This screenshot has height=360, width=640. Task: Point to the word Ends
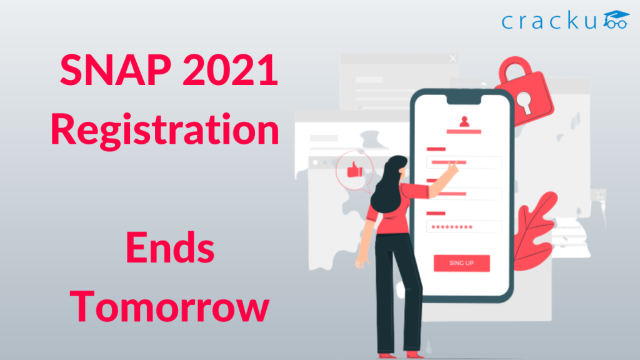click(x=170, y=249)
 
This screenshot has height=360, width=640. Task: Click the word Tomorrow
click(x=170, y=307)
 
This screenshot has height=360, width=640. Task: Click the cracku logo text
click(x=550, y=22)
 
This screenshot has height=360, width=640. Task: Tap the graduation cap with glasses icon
click(x=617, y=20)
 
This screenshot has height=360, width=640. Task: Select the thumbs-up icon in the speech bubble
click(x=354, y=169)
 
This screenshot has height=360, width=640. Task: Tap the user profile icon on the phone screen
click(x=464, y=122)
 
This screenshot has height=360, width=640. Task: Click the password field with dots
click(x=464, y=227)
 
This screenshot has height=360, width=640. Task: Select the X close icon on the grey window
click(x=453, y=59)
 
